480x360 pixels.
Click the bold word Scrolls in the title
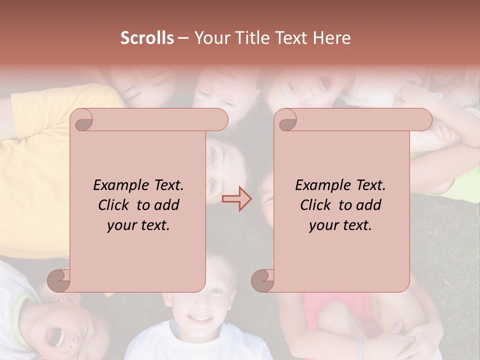[x=147, y=38]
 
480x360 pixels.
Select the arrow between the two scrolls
[x=236, y=199]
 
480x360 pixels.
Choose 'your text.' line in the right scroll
[x=340, y=225]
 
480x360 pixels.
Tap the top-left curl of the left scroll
[x=82, y=120]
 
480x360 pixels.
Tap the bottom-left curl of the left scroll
[x=59, y=280]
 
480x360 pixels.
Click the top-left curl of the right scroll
[x=286, y=120]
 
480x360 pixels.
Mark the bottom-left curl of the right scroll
[x=263, y=280]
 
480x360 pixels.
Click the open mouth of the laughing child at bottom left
[x=55, y=337]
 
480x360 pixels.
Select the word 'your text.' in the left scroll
[x=138, y=225]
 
